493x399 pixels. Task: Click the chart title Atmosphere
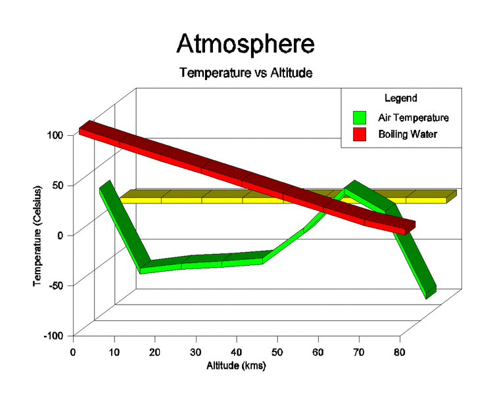tap(245, 44)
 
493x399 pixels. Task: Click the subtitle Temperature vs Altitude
tap(245, 73)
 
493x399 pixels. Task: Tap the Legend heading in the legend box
tap(400, 98)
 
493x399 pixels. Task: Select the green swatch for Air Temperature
tap(360, 118)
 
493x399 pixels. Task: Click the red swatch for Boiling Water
tap(360, 135)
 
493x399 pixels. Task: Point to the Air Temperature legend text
tap(413, 118)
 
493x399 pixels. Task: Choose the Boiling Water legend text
tap(408, 135)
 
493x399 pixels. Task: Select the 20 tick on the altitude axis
tap(154, 352)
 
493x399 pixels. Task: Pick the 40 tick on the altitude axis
tap(236, 352)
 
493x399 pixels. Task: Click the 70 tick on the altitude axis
tap(359, 352)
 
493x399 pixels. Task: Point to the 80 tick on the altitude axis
tap(400, 352)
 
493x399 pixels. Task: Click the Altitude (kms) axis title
tap(236, 366)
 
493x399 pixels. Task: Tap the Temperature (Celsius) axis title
tap(37, 236)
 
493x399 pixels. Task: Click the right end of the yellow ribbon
tap(451, 196)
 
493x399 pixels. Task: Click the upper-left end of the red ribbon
tap(84, 127)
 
